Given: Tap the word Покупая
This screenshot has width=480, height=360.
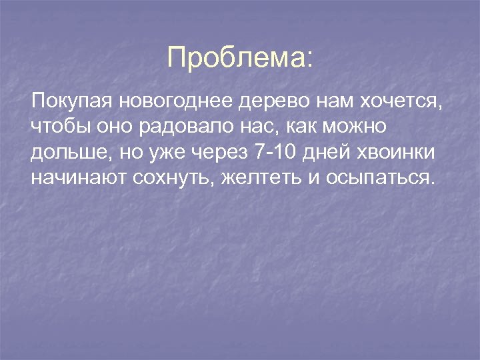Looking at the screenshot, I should [73, 103].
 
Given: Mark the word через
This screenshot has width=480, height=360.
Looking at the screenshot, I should [221, 153].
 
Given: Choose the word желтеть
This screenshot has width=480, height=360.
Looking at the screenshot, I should [255, 178].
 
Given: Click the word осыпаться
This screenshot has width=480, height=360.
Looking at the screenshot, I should [379, 178].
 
